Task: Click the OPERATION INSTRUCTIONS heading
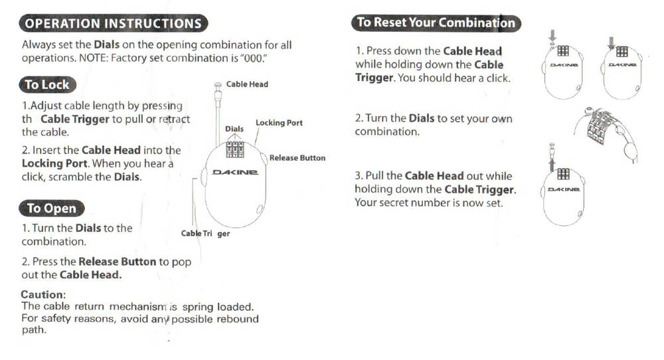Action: tap(113, 24)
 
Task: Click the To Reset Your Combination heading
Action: tap(436, 23)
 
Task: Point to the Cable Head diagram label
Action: tap(247, 84)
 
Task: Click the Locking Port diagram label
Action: tap(279, 123)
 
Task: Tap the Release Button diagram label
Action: tap(297, 158)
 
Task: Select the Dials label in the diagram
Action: tap(234, 129)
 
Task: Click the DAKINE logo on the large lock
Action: tap(234, 173)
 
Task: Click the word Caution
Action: tap(43, 294)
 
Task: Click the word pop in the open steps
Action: tap(181, 262)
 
